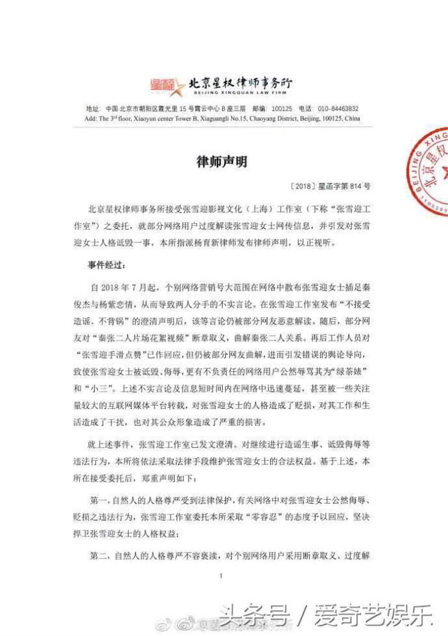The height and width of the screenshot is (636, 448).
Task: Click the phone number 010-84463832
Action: click(x=337, y=109)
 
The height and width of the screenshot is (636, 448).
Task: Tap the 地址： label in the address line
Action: click(x=93, y=109)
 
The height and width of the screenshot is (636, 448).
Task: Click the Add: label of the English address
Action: click(x=91, y=118)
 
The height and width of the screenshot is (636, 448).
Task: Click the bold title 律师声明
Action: click(x=221, y=162)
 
